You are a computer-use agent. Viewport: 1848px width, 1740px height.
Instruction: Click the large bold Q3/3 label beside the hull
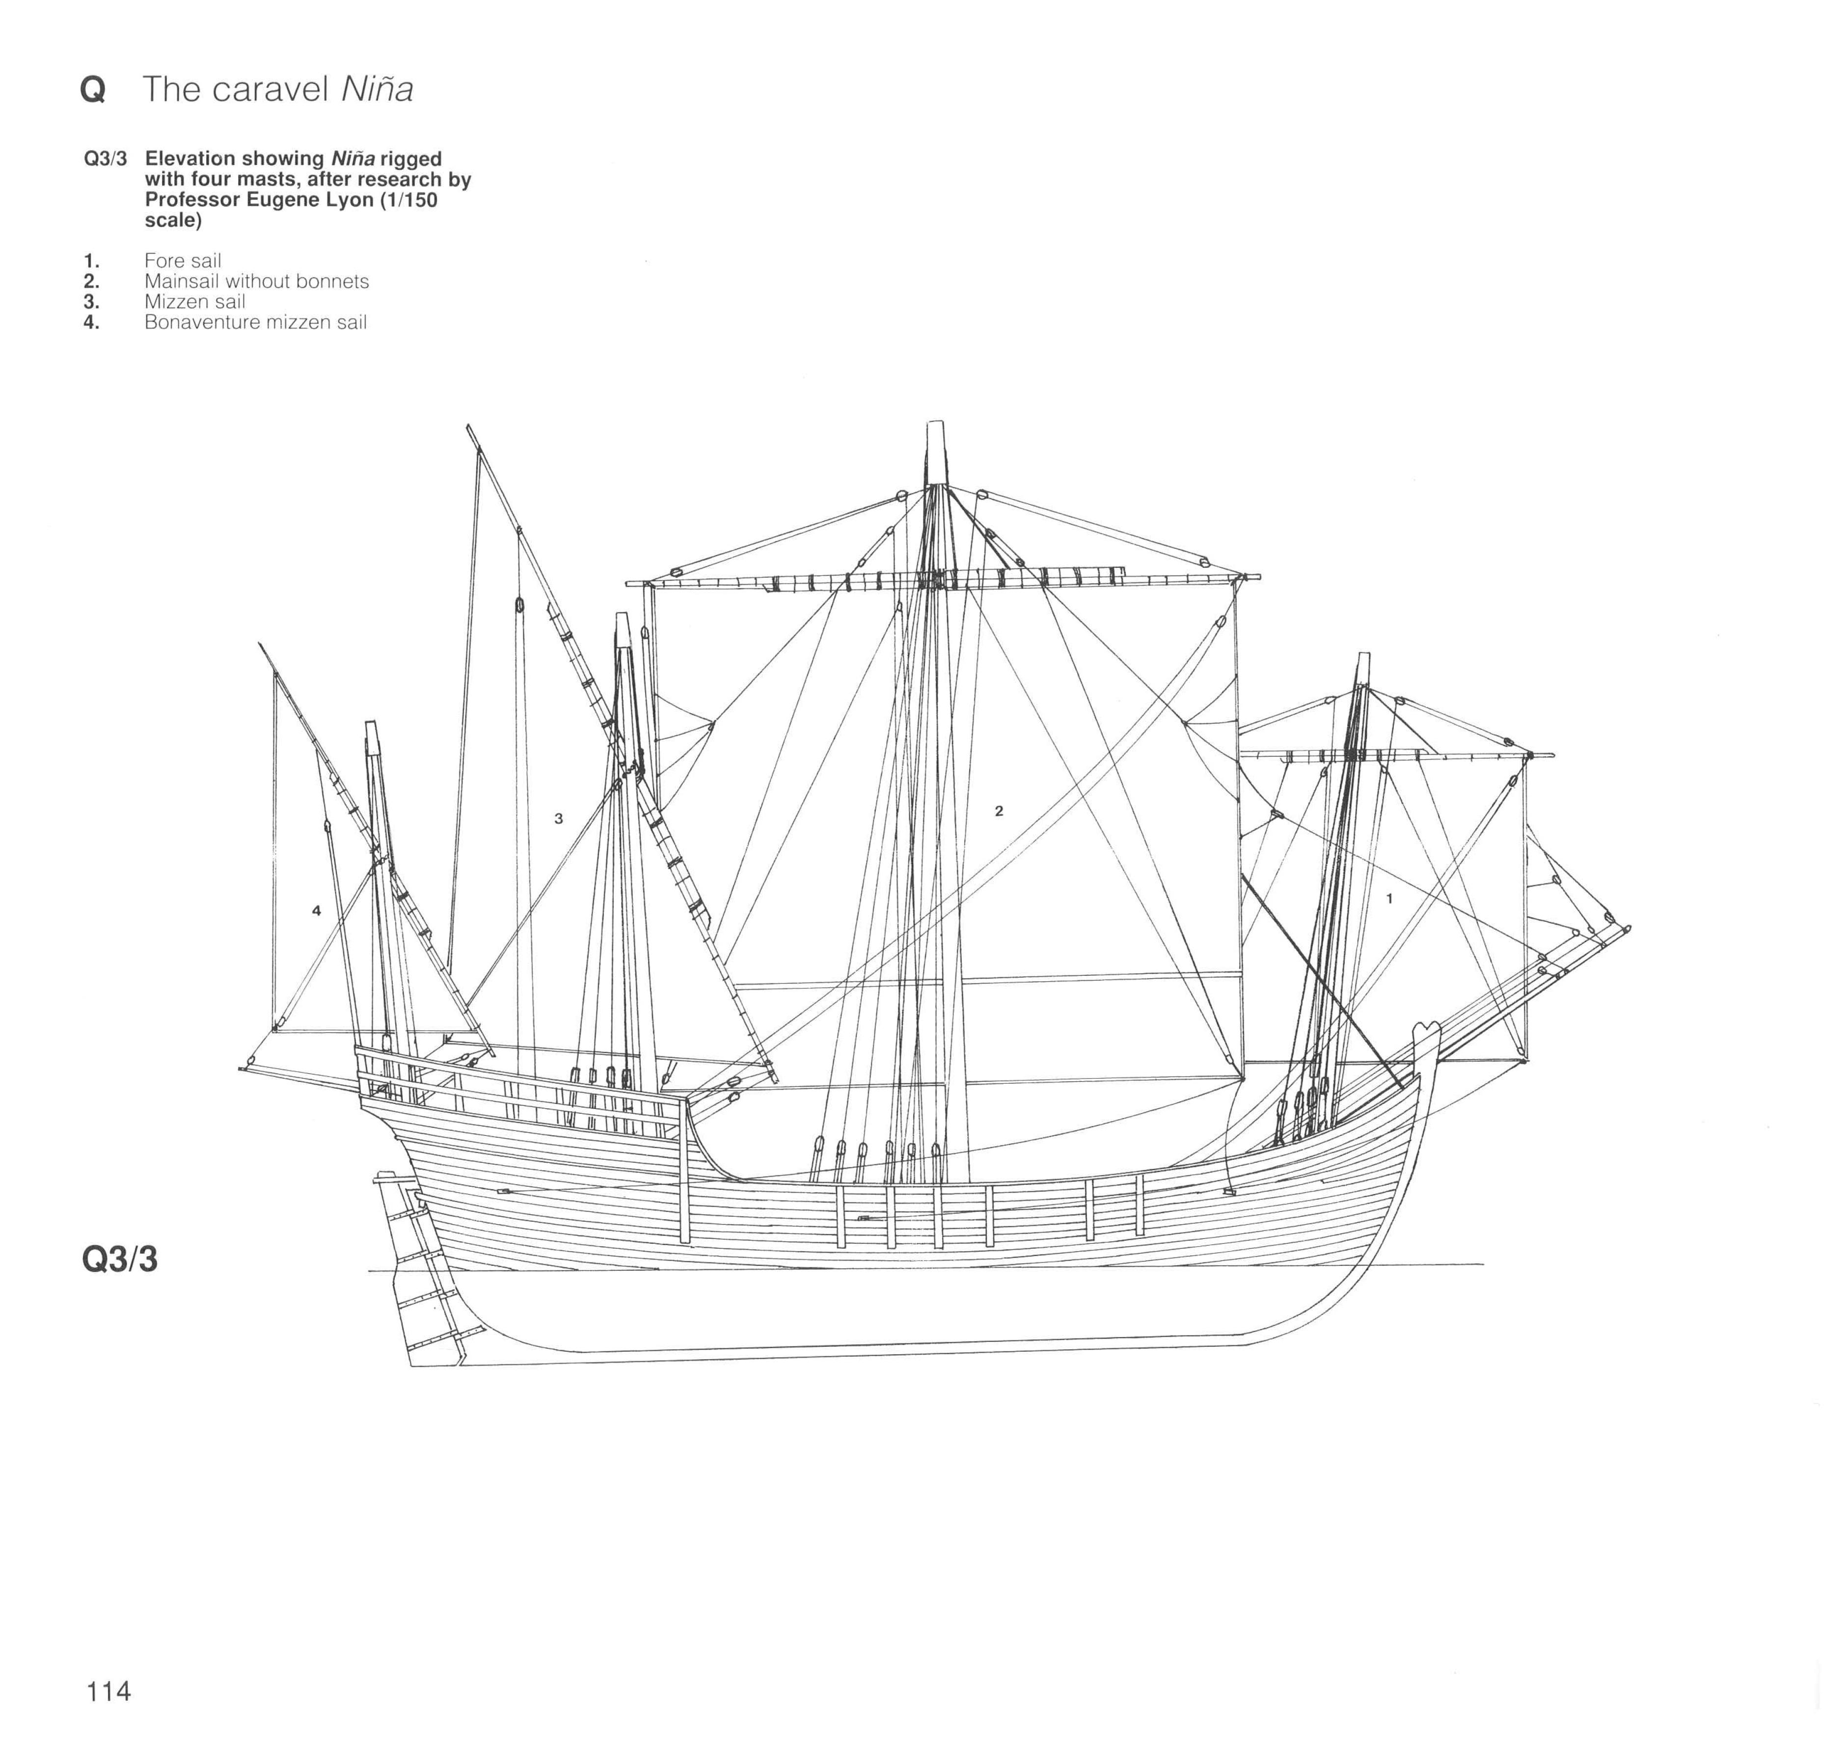coord(120,1259)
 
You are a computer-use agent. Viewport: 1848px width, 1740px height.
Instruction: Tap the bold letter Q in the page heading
coord(93,89)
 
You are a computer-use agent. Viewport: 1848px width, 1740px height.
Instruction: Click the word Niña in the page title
coord(377,88)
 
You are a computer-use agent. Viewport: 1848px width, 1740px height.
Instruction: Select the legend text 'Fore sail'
coord(182,261)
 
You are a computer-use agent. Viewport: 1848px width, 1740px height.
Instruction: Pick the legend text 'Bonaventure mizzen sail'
coord(256,322)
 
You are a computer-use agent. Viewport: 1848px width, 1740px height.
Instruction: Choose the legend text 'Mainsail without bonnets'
coord(257,282)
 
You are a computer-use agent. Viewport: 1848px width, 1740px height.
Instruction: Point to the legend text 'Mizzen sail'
coord(194,302)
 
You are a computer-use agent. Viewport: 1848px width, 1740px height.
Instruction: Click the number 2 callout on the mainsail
coord(999,810)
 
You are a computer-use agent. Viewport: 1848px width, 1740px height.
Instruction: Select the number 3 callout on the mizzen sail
coord(559,818)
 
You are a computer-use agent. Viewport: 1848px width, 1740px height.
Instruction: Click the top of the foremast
coord(1364,653)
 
